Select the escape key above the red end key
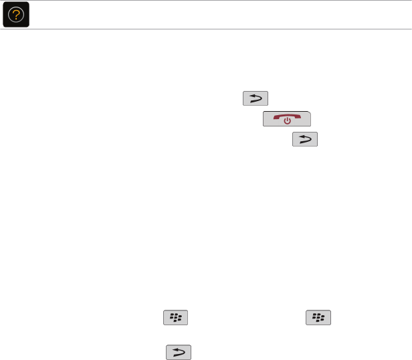tap(255, 99)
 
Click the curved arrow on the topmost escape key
tap(255, 99)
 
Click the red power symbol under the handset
tap(286, 122)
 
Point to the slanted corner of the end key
tap(308, 114)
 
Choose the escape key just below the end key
tap(304, 139)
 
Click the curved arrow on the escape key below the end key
tap(304, 139)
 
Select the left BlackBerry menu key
tap(175, 318)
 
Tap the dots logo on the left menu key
tap(175, 318)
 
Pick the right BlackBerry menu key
tap(319, 318)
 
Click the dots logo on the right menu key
tap(319, 318)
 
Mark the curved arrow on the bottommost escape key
tap(178, 353)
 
